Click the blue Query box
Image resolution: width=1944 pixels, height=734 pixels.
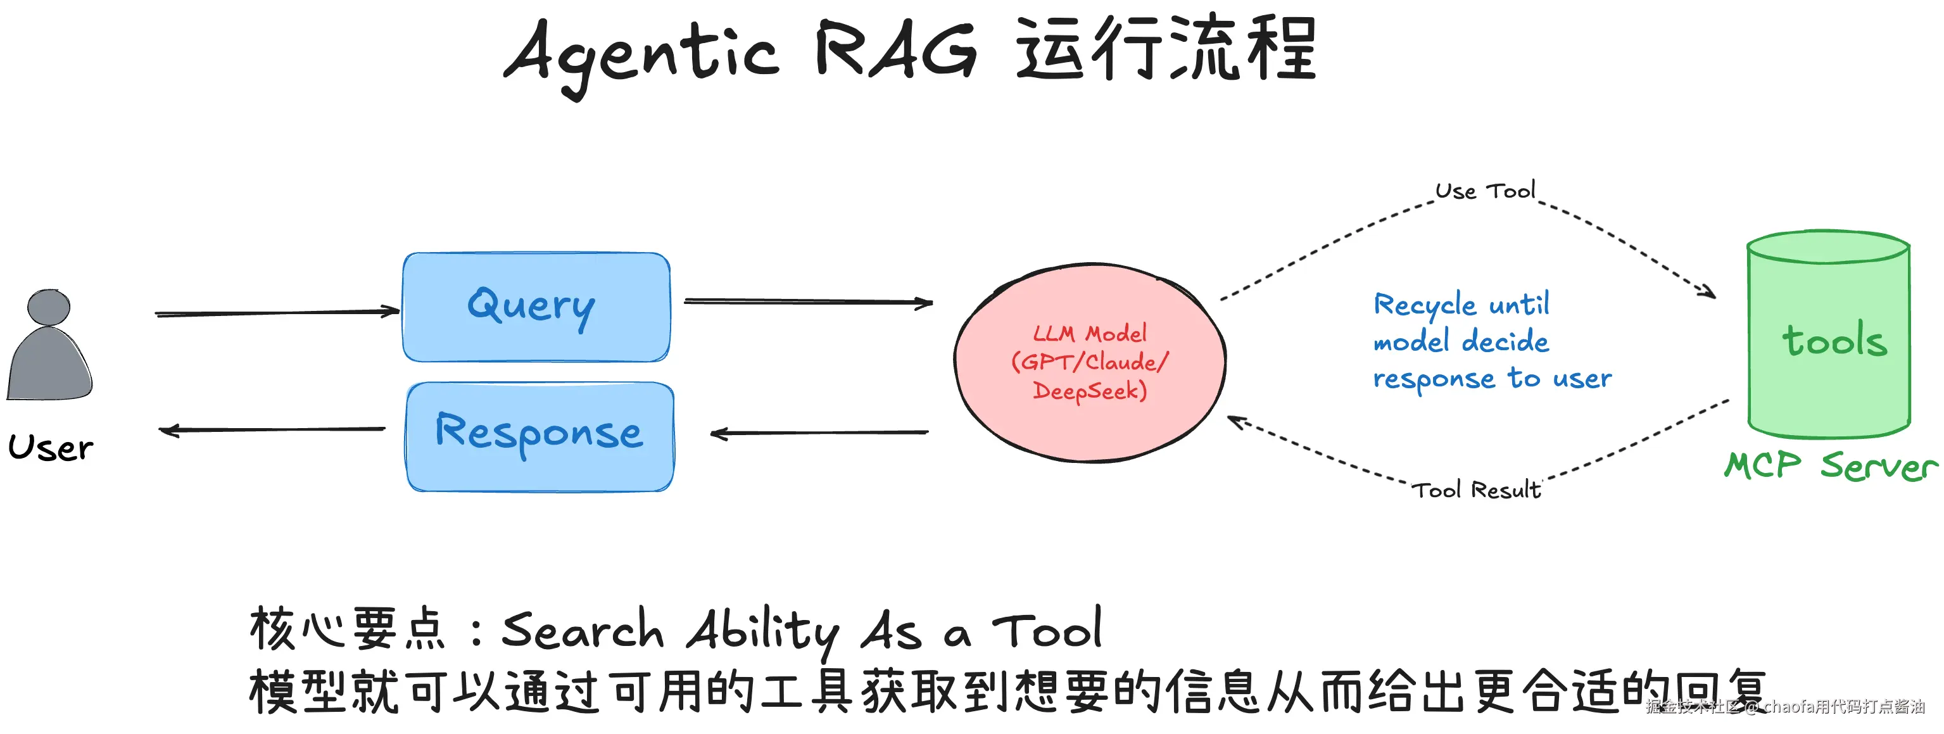(x=536, y=307)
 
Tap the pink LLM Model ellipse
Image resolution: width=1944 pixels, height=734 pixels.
(x=1089, y=362)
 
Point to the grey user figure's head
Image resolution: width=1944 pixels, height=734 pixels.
(x=49, y=307)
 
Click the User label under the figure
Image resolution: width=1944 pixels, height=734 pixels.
(x=51, y=447)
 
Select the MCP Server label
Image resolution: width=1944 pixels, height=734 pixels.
(x=1830, y=465)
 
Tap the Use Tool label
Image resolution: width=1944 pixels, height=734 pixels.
(x=1484, y=191)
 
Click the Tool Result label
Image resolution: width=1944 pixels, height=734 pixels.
(x=1475, y=490)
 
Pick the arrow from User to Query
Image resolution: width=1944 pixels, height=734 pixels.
(x=277, y=312)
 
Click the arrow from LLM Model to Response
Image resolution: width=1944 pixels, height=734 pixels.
(x=819, y=433)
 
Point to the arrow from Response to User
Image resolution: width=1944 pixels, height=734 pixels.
(x=272, y=430)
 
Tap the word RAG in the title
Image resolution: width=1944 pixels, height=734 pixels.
(x=896, y=51)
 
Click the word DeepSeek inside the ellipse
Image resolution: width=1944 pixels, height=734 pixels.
(x=1089, y=391)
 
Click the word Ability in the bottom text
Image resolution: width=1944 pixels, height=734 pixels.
(x=762, y=631)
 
